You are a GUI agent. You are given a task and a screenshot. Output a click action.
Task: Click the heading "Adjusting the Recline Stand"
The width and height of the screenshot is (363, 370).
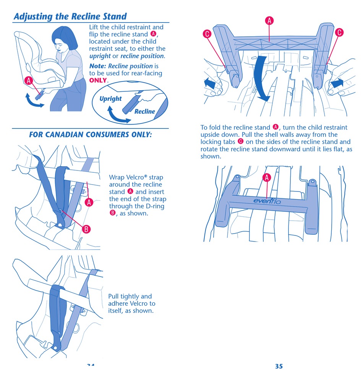(70, 16)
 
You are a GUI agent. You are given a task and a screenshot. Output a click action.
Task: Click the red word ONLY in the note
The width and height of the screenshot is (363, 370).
(98, 80)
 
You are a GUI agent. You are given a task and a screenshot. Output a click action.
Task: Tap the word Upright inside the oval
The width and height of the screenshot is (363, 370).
(110, 99)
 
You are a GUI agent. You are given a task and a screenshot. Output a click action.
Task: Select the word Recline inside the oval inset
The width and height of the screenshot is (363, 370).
(144, 111)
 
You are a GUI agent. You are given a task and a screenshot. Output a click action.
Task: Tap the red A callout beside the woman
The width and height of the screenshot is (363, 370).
(29, 81)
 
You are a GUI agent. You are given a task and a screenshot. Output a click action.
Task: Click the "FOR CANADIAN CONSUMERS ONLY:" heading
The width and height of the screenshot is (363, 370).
(90, 135)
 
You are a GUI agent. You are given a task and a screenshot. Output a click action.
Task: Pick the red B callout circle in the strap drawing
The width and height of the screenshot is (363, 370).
(86, 229)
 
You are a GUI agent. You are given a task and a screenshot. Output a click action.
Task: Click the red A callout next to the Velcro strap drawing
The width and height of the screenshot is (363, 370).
(89, 202)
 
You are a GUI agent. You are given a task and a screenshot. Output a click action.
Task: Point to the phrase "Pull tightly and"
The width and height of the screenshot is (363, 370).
(130, 296)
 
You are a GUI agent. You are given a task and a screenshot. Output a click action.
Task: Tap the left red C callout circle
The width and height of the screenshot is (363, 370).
(207, 34)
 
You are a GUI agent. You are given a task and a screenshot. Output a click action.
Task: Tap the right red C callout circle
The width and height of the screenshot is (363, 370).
(339, 32)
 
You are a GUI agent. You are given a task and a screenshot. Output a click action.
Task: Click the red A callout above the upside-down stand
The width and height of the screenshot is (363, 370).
(269, 21)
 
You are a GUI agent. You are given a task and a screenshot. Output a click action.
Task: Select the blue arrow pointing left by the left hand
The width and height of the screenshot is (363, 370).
(210, 83)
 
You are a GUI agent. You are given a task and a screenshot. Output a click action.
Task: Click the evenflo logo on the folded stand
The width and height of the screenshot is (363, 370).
(267, 201)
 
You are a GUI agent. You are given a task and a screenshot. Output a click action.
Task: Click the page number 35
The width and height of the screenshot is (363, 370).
(279, 366)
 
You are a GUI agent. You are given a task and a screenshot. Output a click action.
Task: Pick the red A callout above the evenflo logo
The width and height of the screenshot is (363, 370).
(267, 177)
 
